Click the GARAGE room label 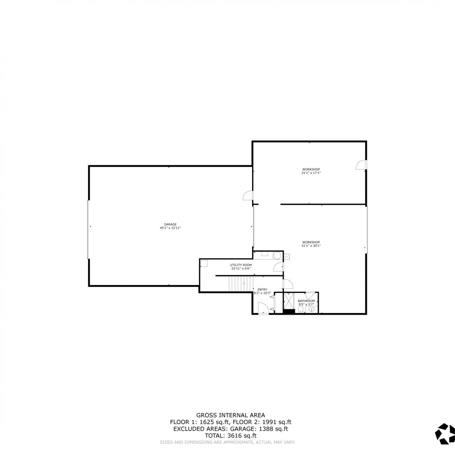pos(170,224)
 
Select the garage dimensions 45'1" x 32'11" pos(170,228)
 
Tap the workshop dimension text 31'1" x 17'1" pos(311,173)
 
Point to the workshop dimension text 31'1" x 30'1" pos(311,246)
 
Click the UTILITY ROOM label pos(241,265)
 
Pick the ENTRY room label pos(262,290)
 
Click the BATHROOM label pos(306,301)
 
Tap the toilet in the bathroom pos(301,309)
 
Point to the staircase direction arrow pos(244,283)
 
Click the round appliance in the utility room pos(277,256)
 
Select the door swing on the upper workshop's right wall pos(361,165)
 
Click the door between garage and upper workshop pos(248,196)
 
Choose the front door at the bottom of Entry pos(263,308)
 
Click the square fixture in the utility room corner pos(204,264)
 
